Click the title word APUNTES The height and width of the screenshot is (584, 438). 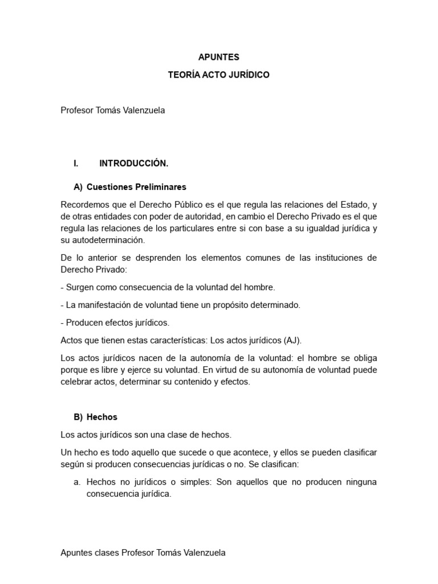pyautogui.click(x=219, y=57)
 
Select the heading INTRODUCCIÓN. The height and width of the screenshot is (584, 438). pyautogui.click(x=133, y=163)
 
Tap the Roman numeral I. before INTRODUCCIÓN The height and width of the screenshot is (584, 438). pyautogui.click(x=75, y=163)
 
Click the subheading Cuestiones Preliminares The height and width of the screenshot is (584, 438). pyautogui.click(x=136, y=186)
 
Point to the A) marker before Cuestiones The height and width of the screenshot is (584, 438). pyautogui.click(x=78, y=186)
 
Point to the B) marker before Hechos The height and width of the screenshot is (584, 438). pyautogui.click(x=78, y=417)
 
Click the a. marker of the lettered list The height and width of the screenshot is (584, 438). pyautogui.click(x=77, y=482)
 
